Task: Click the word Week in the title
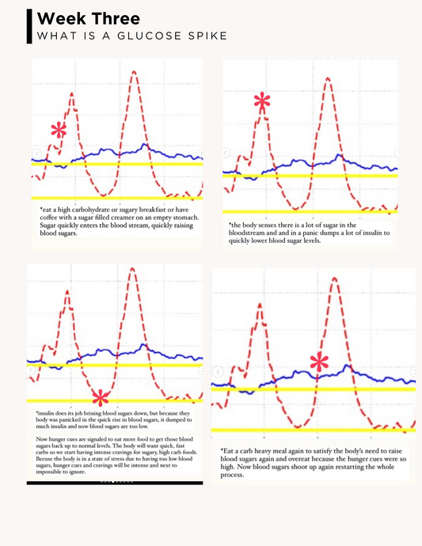coord(59,18)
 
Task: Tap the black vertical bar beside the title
coord(29,26)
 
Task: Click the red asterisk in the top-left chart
coord(58,131)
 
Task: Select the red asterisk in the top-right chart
coord(262,101)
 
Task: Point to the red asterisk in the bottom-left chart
coord(100,396)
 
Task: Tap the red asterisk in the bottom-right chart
coord(319,363)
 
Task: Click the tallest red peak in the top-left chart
coord(135,72)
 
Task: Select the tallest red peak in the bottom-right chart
coord(333,279)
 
